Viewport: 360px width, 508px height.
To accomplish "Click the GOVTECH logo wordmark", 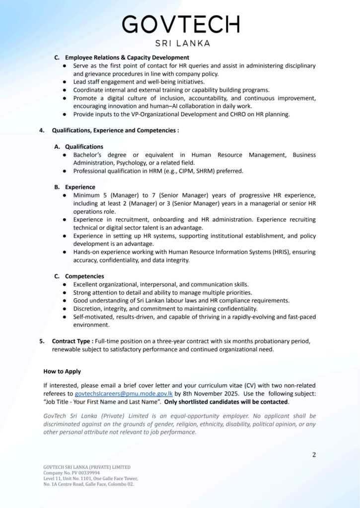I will coord(180,25).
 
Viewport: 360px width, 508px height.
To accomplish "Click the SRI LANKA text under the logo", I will coord(182,43).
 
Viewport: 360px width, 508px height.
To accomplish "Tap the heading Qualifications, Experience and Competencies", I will coord(115,130).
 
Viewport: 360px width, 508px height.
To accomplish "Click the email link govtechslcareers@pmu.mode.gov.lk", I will coord(124,393).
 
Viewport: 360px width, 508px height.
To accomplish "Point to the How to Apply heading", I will coord(62,371).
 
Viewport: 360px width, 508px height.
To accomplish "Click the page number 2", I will coord(314,454).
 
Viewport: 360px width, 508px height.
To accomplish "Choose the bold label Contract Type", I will coord(72,341).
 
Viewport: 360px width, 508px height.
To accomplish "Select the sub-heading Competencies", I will coord(84,276).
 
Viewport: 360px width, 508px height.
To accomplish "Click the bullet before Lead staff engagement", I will coord(65,82).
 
